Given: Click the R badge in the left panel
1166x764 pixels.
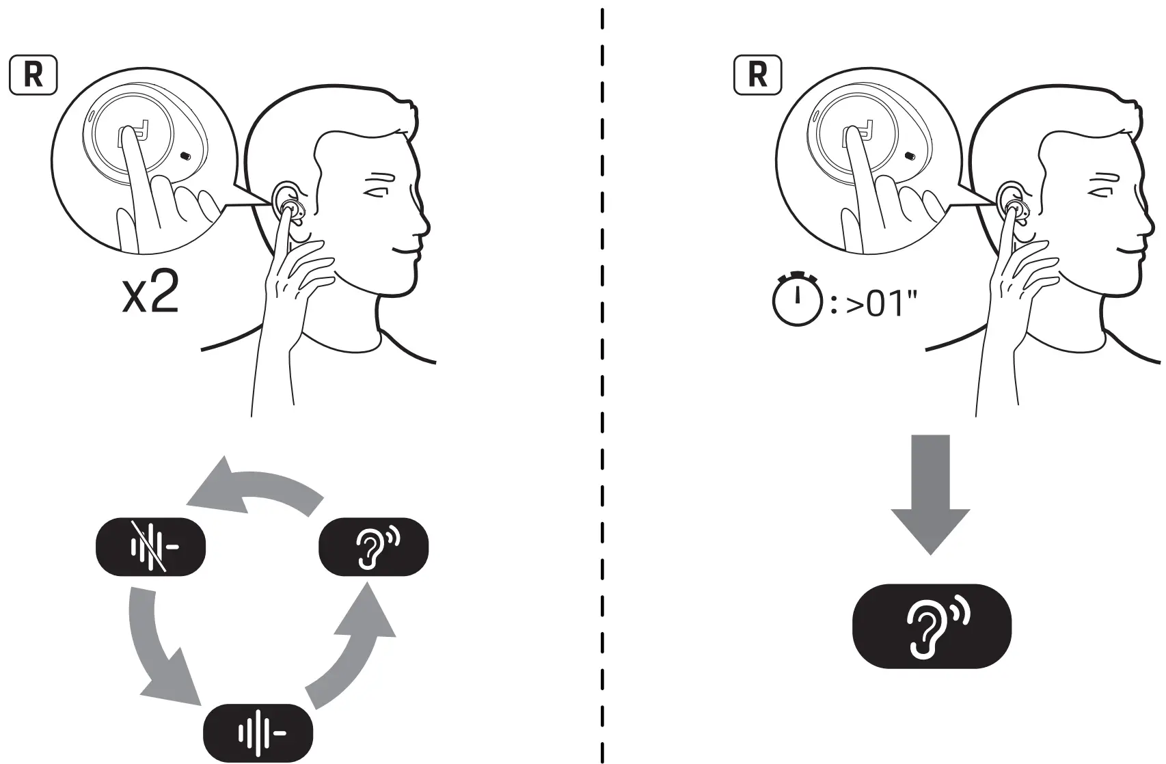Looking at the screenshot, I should click(33, 76).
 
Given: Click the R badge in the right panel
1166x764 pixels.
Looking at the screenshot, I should click(757, 76).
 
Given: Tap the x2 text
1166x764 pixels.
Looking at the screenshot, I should click(150, 295).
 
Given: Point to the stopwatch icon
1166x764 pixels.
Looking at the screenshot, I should click(796, 300).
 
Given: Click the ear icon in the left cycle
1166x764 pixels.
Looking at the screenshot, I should click(374, 547).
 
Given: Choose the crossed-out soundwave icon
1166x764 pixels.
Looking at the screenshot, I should click(150, 547).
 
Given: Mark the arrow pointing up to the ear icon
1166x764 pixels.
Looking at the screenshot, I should click(355, 649).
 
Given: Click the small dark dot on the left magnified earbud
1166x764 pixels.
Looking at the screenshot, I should click(185, 156).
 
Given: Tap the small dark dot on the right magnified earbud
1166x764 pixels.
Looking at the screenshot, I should click(909, 156).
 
